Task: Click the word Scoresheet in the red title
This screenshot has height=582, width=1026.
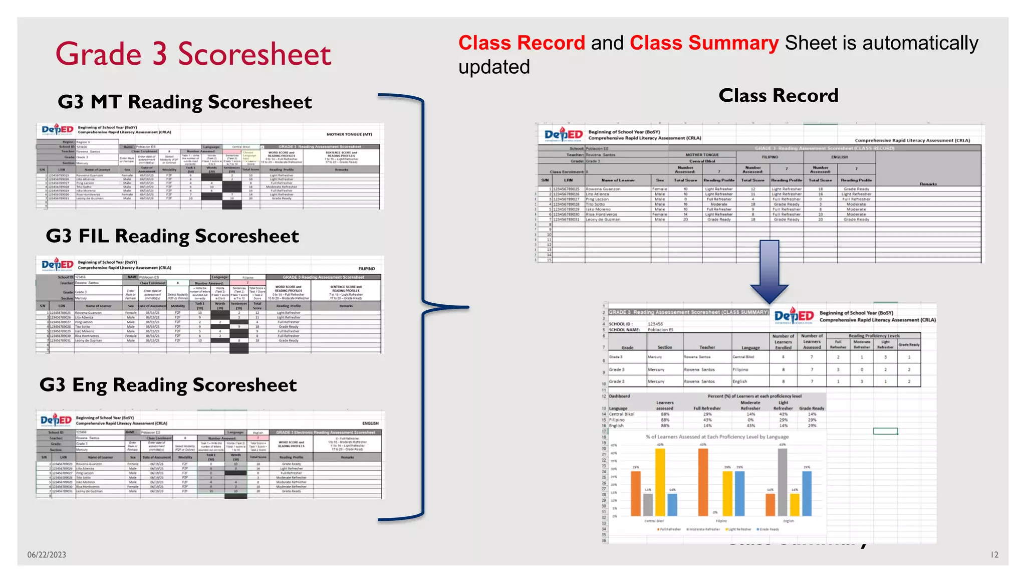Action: point(254,54)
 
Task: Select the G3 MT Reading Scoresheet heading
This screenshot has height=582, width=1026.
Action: point(184,102)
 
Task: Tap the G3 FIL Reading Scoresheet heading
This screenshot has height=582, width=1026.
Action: point(172,236)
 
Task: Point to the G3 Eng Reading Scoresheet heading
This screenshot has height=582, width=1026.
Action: point(168,384)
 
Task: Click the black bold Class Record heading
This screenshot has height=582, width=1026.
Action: point(778,95)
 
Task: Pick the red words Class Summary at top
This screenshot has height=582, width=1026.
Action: point(704,43)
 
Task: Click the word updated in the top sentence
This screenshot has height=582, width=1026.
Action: point(494,67)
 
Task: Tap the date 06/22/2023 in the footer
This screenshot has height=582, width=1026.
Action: point(47,554)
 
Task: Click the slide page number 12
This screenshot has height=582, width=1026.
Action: point(994,554)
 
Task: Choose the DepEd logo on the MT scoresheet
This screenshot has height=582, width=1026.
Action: point(57,130)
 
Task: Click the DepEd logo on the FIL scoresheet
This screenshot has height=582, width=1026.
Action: point(57,264)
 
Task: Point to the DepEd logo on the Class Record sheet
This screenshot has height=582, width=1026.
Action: point(564,134)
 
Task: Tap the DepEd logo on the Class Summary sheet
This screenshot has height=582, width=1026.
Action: point(794,316)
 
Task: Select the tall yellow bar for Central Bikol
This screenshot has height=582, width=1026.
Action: point(660,481)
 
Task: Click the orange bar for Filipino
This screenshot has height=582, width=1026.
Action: point(703,481)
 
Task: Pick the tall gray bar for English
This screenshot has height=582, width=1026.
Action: point(782,481)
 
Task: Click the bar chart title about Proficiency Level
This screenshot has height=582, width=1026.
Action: point(717,437)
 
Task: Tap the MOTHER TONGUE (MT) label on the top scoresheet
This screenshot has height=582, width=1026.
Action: point(349,134)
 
